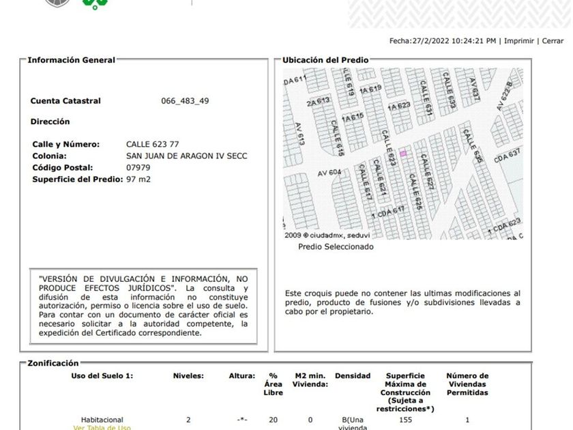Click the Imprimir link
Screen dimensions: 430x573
519,41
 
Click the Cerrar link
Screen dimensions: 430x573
553,41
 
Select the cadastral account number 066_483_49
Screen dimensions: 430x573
185,101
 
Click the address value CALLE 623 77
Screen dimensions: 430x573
153,145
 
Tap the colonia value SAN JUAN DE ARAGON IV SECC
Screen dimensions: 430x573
187,156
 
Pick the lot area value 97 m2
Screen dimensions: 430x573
138,179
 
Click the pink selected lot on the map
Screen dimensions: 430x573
403,154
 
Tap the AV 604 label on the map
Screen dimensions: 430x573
329,173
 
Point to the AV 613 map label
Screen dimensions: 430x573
299,134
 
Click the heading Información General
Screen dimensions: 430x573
71,60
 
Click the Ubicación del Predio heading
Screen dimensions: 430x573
325,60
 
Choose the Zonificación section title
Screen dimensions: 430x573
53,363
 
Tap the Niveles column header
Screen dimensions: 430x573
188,376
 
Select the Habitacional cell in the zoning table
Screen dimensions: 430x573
102,420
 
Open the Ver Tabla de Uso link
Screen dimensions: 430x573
102,427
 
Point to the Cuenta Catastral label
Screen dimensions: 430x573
65,101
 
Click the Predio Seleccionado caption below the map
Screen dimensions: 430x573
336,247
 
